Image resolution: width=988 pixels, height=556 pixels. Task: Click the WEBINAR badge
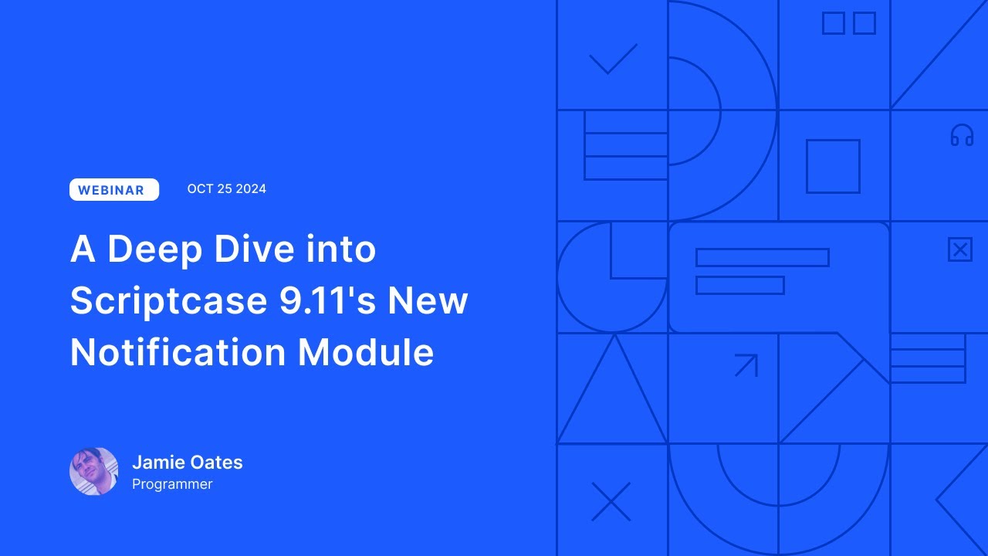point(114,190)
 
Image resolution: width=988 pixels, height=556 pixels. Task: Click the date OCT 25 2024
point(226,189)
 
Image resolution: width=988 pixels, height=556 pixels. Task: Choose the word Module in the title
point(366,352)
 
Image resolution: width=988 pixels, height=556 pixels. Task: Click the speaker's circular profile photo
point(94,471)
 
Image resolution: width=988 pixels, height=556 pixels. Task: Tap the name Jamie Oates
point(187,463)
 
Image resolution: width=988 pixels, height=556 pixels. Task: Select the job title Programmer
point(172,484)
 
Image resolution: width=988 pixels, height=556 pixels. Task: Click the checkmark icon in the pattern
point(613,59)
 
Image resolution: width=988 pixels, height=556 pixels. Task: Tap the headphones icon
point(962,136)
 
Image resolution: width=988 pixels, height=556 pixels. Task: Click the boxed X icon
point(959,250)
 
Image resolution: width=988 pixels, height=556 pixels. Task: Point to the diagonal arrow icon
point(746,364)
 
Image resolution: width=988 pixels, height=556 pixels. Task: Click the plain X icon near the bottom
point(611,502)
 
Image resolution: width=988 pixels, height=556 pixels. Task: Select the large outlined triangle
point(612,402)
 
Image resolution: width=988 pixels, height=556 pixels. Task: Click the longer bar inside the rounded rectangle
point(762,257)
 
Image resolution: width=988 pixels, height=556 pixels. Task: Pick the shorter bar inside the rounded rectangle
point(739,285)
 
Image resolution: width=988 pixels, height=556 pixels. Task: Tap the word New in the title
point(428,301)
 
